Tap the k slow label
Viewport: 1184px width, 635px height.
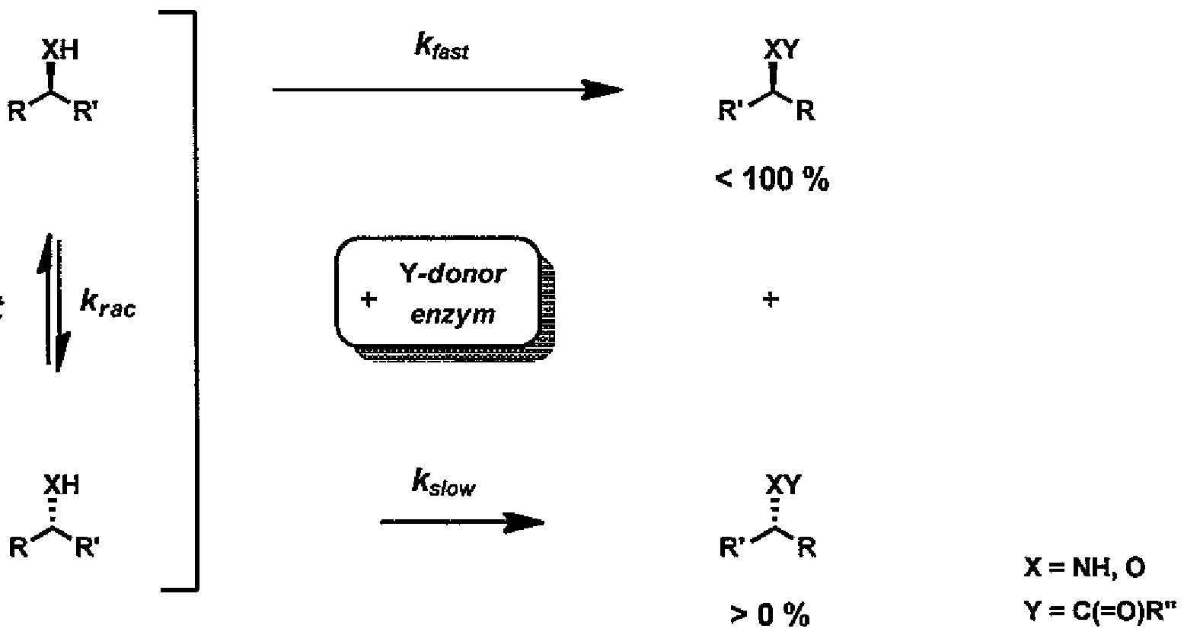point(442,485)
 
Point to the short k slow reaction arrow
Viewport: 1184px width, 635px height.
point(461,522)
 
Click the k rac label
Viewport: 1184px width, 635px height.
point(108,308)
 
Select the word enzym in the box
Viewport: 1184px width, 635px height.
point(453,314)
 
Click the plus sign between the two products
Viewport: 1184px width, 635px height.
point(771,300)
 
